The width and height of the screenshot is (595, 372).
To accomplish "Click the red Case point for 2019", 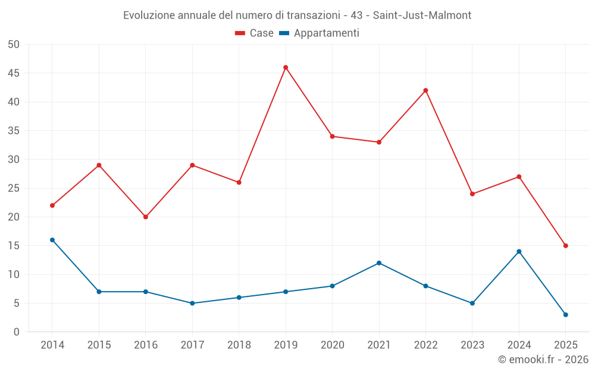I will point(286,67).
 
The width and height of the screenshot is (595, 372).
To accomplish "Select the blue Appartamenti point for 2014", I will point(52,240).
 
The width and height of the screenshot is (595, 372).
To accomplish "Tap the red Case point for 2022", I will point(425,90).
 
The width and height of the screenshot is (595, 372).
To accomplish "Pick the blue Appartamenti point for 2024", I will point(519,251).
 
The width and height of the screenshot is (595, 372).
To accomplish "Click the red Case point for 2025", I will point(565,246).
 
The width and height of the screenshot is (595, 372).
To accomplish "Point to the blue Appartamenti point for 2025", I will point(565,315).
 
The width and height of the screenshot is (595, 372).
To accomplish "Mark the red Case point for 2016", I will point(146,217).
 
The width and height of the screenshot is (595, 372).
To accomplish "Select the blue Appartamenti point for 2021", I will point(379,263).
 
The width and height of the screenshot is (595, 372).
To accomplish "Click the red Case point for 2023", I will point(472,194).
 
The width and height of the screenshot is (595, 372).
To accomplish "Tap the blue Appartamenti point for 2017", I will point(192,303).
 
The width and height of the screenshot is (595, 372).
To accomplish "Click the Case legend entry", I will point(254,33).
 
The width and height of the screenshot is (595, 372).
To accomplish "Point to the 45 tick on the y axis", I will point(13,73).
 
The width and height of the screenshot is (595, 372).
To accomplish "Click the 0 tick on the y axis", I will point(17,332).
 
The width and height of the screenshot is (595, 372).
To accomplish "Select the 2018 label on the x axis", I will point(239,345).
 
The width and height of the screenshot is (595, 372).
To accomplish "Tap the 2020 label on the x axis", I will point(332,345).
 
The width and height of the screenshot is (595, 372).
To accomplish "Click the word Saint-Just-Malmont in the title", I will point(422,15).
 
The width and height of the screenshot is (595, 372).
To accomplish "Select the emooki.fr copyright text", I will point(543,360).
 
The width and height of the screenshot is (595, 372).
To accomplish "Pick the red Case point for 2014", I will point(52,205).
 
